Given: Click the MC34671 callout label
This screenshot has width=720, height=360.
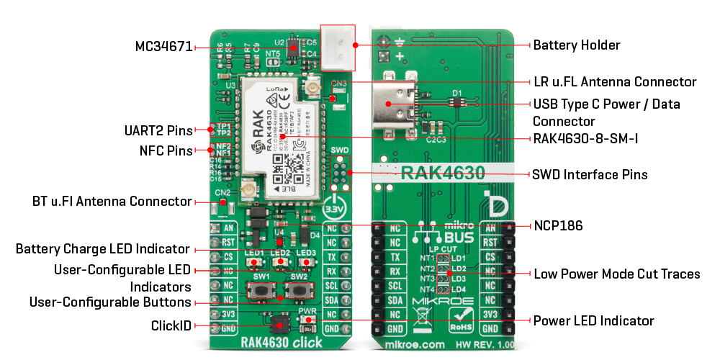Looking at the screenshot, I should click(x=163, y=47).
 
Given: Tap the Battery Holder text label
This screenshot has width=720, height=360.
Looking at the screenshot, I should click(x=576, y=45).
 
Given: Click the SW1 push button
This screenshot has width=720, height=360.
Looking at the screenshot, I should click(x=261, y=291).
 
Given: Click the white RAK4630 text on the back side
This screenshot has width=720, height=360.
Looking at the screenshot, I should click(x=442, y=173).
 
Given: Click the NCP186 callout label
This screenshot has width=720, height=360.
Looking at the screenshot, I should click(x=557, y=226).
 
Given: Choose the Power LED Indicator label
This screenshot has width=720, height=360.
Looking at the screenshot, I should click(x=593, y=320).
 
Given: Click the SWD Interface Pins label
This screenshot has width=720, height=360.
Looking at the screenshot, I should click(x=589, y=175).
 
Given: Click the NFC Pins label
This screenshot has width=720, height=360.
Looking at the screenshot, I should click(x=166, y=151).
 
